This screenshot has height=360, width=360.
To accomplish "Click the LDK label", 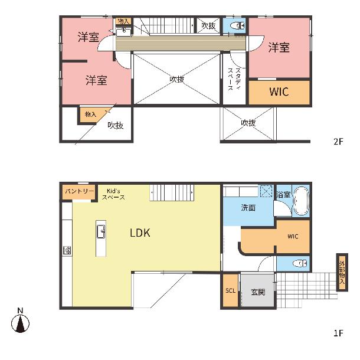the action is [140, 233].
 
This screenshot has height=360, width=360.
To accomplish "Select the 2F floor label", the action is [338, 142].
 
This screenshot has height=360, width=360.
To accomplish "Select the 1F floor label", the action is [338, 333].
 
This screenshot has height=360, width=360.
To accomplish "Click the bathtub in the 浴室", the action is [302, 201].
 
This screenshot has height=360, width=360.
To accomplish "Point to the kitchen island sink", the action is [101, 232].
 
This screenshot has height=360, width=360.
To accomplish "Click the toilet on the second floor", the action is [237, 26].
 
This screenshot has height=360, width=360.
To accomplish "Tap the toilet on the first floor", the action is [300, 264].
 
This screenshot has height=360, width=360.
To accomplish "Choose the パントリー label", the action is [80, 191].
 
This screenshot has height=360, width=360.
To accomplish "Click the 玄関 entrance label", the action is [258, 292].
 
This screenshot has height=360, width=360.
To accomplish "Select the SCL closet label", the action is [230, 291].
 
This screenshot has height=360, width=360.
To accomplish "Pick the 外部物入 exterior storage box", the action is [342, 272].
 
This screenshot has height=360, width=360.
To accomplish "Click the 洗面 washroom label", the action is [248, 208].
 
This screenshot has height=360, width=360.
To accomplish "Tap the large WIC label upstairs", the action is [279, 91].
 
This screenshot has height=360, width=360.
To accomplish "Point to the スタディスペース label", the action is [234, 78].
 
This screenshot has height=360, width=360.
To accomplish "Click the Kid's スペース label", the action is [113, 194].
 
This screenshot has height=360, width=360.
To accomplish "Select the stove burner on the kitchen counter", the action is [67, 250].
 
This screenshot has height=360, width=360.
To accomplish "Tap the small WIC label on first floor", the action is [293, 236].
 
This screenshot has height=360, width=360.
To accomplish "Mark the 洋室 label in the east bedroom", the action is [279, 48].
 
